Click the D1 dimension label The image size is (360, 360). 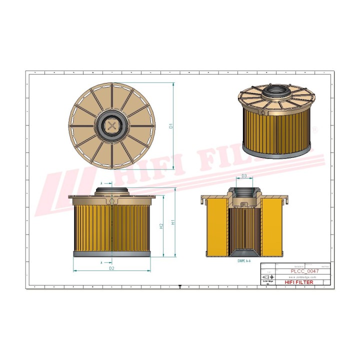170,126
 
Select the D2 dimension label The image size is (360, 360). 112,268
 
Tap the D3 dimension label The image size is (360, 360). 244,176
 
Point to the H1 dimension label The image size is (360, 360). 172,222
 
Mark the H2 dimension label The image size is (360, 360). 161,226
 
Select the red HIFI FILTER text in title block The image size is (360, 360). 299,282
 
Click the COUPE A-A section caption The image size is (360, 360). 244,261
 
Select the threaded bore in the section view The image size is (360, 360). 244,195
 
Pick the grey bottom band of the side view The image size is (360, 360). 111,254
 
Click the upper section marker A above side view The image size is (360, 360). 102,183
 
